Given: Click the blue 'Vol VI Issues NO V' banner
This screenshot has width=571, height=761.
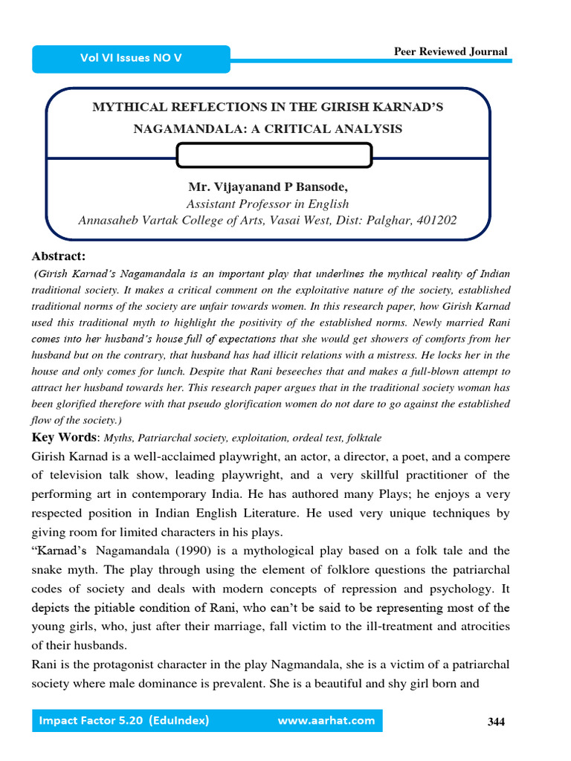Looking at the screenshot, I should pos(131,58).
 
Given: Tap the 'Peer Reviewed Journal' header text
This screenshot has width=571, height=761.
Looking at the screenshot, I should pos(451,51).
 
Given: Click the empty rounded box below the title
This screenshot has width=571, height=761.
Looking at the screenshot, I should pos(274,155).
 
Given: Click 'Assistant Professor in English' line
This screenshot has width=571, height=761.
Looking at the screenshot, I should pos(267,204).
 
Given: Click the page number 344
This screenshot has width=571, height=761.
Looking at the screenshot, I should pos(496,722).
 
